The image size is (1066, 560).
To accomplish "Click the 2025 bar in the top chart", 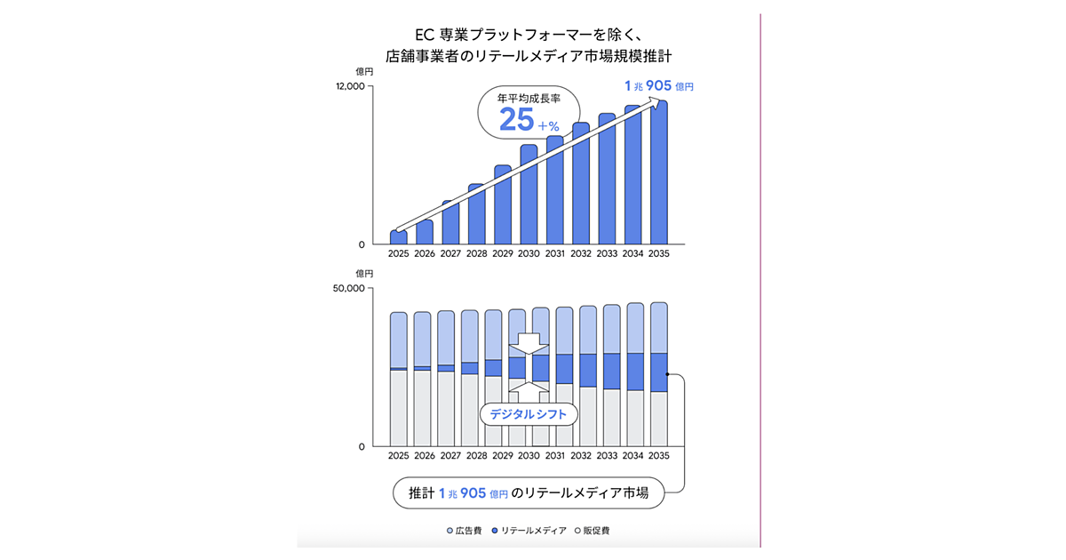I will coord(398,238).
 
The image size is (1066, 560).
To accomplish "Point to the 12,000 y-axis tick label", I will coord(349,86).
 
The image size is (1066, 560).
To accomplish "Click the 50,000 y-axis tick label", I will coord(349,289).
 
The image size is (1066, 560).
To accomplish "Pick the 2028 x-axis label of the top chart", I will coord(476,253).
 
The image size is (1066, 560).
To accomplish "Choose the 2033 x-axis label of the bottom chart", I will coord(607,455).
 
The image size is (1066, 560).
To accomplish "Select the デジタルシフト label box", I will coord(529,414).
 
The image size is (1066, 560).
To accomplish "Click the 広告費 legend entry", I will coord(464,531).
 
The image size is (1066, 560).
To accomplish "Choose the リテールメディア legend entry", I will coord(529,531).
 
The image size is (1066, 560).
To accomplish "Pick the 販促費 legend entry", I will coord(592,531).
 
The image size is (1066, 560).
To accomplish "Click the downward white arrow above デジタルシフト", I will coord(529,343).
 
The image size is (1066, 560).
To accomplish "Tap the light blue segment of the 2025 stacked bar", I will coord(399,340).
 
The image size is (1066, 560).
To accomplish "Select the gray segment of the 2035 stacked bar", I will coord(658,418).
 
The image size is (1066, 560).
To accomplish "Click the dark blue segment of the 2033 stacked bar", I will coord(611,371).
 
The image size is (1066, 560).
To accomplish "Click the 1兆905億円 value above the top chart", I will coord(658,86).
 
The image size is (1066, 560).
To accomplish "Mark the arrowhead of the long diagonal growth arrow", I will coord(659,102).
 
